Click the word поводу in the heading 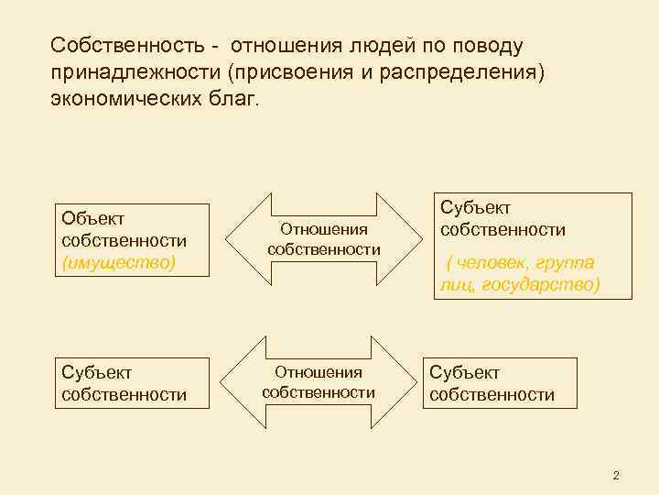(489, 45)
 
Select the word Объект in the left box (93, 217)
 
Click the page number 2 (616, 475)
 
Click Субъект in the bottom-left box (96, 372)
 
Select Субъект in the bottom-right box (464, 372)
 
